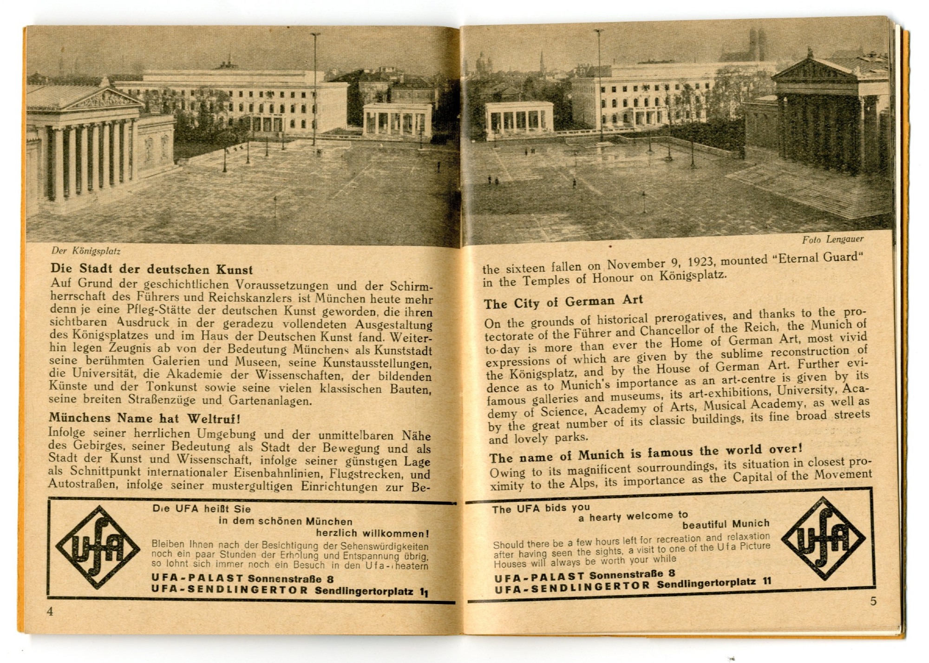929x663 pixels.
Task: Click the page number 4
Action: (50, 611)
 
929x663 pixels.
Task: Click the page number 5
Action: (873, 601)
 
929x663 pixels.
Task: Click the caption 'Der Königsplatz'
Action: (86, 251)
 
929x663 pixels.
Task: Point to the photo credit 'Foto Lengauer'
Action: (832, 240)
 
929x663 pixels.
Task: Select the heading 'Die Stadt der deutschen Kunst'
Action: (152, 269)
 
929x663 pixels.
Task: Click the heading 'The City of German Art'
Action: (563, 302)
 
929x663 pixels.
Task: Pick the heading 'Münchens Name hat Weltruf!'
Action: (144, 418)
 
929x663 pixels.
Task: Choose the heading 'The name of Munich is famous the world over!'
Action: (646, 453)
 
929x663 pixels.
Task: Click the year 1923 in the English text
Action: (703, 262)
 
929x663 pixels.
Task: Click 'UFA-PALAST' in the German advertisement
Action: (197, 579)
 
